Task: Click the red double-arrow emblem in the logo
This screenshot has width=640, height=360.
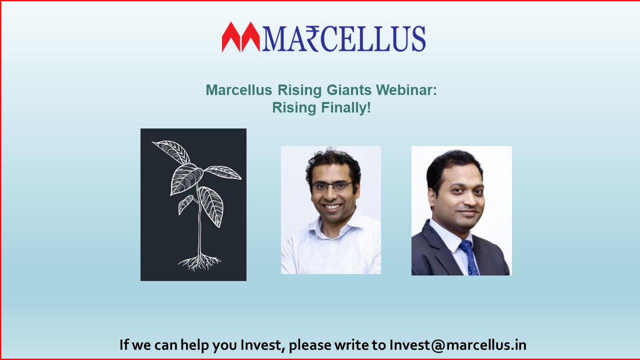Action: [x=240, y=37]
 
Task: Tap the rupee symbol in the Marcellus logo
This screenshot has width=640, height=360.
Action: [x=310, y=38]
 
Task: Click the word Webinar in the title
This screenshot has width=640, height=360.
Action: [x=406, y=90]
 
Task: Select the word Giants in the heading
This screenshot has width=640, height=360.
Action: [x=349, y=90]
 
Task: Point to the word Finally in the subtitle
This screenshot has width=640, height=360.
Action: [x=345, y=107]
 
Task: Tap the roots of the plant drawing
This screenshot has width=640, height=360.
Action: [x=199, y=262]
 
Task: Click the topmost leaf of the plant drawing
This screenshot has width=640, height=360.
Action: [x=171, y=151]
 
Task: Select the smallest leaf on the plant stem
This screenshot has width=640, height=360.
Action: [x=185, y=204]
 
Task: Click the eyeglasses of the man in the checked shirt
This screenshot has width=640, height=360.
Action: [x=332, y=186]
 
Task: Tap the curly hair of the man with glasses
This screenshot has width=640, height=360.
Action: [x=333, y=165]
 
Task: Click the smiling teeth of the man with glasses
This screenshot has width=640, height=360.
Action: [x=332, y=206]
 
